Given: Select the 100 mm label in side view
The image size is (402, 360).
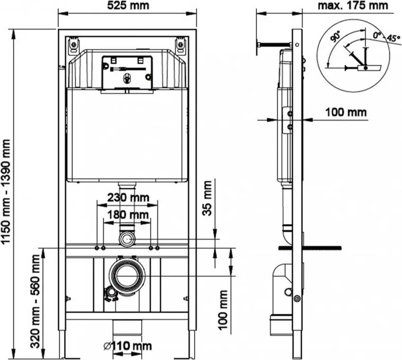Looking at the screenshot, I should [346, 112].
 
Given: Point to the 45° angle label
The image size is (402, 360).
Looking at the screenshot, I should [392, 38].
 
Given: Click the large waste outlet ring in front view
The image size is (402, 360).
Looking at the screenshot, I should [126, 274].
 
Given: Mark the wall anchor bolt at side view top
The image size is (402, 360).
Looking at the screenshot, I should [272, 45].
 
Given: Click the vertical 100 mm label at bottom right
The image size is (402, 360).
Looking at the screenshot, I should [223, 314].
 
